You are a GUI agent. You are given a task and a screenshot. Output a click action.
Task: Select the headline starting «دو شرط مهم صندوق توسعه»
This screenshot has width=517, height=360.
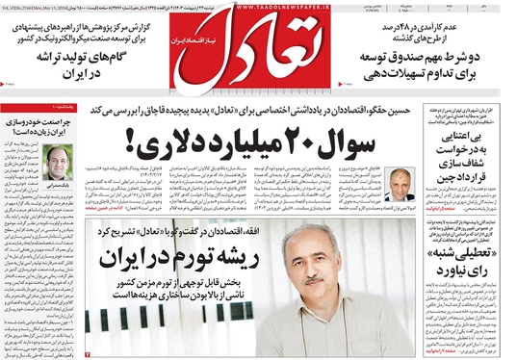(x=434, y=64)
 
